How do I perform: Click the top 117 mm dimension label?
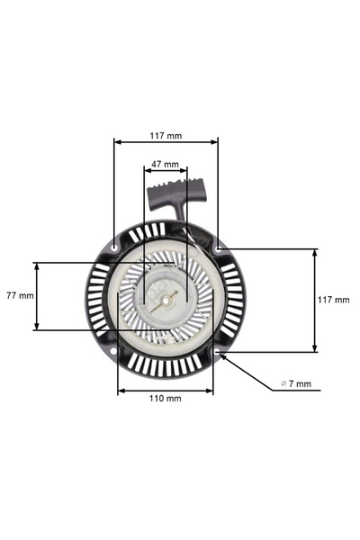(x=166, y=136)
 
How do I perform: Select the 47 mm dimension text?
(x=165, y=165)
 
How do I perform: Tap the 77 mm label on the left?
(x=19, y=294)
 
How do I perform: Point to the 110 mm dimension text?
(x=166, y=397)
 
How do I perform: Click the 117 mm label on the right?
(x=334, y=300)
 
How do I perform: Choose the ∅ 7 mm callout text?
(x=296, y=383)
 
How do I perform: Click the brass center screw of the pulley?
(x=162, y=301)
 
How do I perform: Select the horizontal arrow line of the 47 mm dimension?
(x=166, y=172)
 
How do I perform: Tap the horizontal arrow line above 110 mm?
(x=166, y=390)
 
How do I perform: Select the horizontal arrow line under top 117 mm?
(x=166, y=142)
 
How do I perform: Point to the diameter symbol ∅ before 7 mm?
(x=283, y=383)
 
